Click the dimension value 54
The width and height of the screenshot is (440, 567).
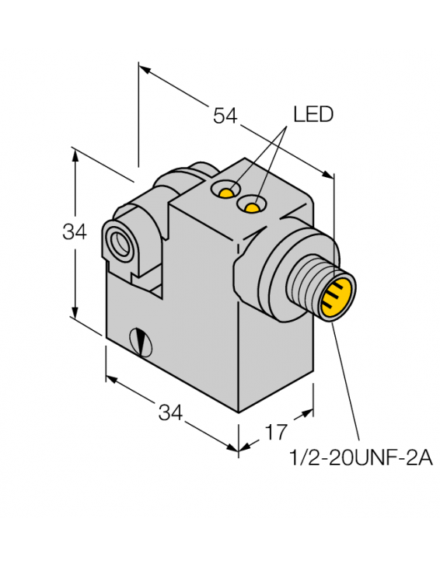tap(225, 116)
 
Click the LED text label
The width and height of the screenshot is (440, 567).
tap(313, 115)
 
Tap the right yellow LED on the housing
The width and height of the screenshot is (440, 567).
tap(250, 206)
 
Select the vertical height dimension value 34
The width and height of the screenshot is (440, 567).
tap(75, 231)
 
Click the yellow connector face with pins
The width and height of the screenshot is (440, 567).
tap(339, 296)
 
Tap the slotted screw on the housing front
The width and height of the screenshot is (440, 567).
tap(141, 339)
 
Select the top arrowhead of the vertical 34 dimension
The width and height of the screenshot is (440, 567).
tap(75, 153)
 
